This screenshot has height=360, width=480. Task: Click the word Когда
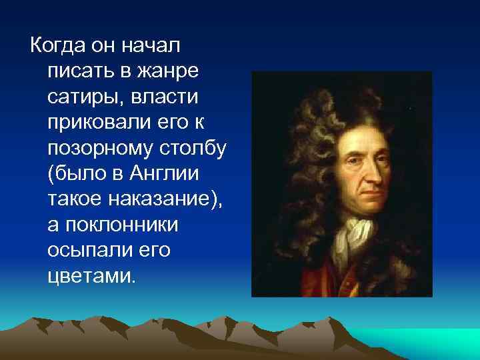54,46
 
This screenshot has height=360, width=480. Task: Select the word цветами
91,275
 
